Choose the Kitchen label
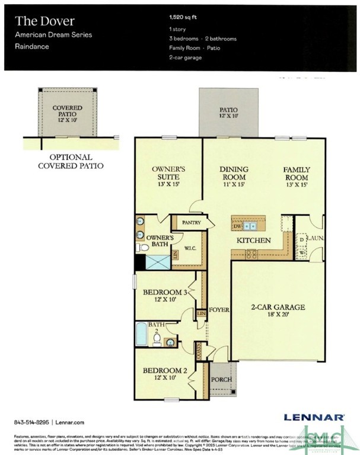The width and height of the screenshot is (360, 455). click(x=254, y=241)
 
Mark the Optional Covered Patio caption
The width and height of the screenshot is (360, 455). click(x=76, y=162)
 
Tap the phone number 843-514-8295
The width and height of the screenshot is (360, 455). click(x=32, y=422)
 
